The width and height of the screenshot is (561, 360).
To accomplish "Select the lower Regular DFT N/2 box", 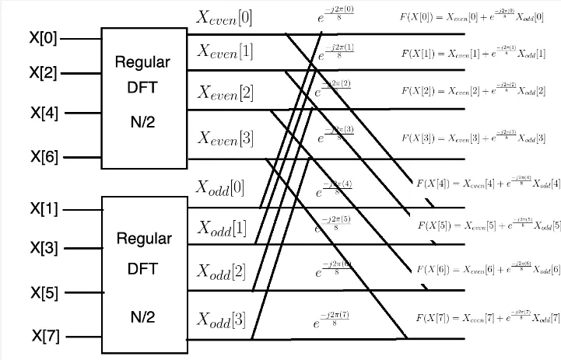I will click(x=145, y=270).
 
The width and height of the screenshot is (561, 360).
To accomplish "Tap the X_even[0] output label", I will click(x=225, y=16).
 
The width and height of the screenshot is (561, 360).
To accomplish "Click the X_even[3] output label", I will click(x=225, y=138).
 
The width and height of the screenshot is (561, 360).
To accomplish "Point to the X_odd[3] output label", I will click(x=221, y=320).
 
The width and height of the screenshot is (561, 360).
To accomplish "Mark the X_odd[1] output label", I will click(x=221, y=228).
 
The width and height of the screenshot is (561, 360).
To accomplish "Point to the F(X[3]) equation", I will click(x=473, y=138).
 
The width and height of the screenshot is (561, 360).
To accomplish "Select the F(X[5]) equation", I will click(x=489, y=225).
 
